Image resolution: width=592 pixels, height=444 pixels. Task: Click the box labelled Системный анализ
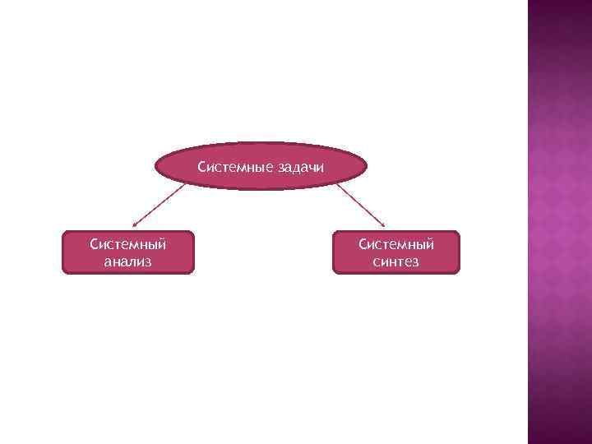tap(127, 252)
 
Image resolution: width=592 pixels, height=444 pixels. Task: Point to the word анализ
tap(128, 262)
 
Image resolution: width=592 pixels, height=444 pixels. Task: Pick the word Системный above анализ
tap(128, 244)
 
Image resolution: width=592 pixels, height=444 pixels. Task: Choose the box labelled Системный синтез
tap(395, 252)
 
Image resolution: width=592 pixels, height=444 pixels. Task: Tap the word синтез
tap(395, 262)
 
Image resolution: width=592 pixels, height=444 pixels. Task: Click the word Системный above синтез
tap(396, 244)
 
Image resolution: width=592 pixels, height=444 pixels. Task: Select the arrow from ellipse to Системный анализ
tap(160, 203)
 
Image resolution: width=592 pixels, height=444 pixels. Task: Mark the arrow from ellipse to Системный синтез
tap(360, 203)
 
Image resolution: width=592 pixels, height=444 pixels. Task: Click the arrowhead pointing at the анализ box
tap(135, 223)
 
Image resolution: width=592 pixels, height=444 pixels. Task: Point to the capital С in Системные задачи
tap(201, 169)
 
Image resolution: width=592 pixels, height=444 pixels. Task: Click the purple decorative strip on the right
tap(559, 222)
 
